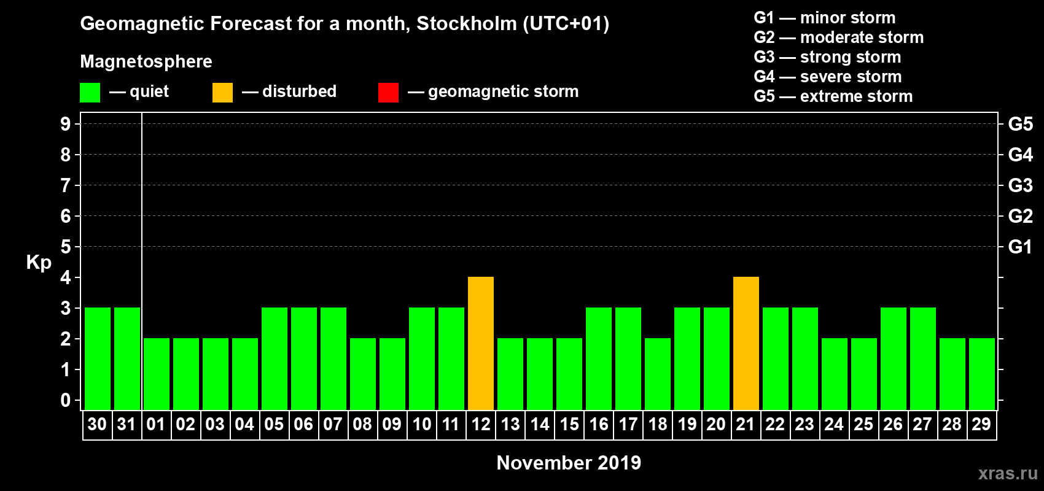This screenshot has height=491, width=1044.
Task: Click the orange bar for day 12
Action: tap(481, 343)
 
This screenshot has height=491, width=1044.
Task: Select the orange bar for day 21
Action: tap(746, 343)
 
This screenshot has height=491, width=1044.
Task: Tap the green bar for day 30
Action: tap(98, 358)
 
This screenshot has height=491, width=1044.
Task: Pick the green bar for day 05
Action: tap(275, 358)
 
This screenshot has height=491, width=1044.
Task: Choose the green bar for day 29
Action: tap(982, 374)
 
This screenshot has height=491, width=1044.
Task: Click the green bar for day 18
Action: tap(658, 374)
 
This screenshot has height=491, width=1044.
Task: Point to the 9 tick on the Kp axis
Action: tap(66, 124)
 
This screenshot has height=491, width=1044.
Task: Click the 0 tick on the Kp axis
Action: tap(66, 401)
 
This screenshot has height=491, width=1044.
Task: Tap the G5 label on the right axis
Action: tap(1020, 124)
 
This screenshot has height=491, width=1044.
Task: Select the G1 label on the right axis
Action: tap(1020, 247)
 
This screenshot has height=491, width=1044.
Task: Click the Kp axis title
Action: tap(39, 262)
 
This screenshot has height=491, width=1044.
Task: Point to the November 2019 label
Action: tap(569, 463)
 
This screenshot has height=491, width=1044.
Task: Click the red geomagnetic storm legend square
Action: tap(388, 93)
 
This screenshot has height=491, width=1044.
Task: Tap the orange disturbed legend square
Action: tap(222, 93)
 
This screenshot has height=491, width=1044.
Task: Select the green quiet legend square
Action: tap(90, 93)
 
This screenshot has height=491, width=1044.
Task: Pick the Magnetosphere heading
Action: tap(146, 61)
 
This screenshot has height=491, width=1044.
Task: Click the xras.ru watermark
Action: tap(1008, 473)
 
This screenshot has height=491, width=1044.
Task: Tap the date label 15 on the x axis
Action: tap(569, 424)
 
